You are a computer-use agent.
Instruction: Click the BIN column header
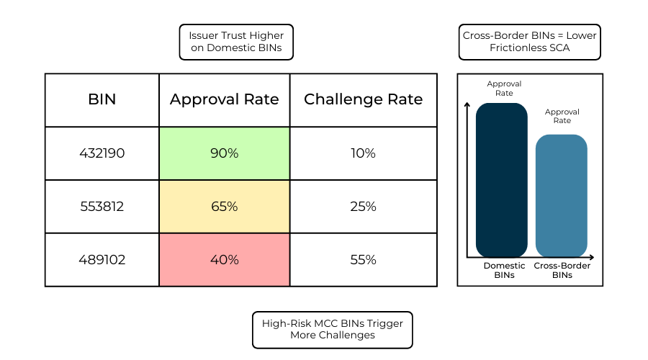tap(102, 100)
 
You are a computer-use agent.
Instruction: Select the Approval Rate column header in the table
tap(224, 100)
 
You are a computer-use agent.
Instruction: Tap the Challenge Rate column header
tap(363, 100)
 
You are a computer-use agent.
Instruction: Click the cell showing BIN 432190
tap(102, 153)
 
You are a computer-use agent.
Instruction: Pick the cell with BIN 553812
tap(102, 207)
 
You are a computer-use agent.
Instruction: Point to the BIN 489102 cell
tap(102, 260)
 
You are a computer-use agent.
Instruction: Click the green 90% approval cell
tap(224, 153)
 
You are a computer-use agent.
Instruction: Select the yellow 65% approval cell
tap(224, 207)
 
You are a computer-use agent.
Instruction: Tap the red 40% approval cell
tap(224, 260)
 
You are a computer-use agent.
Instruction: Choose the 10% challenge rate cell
tap(363, 153)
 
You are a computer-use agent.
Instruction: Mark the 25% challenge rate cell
tap(363, 207)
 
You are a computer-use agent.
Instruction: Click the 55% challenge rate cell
tap(363, 260)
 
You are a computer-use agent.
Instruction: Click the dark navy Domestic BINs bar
tap(502, 180)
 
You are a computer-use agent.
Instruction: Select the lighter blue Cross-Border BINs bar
tap(562, 196)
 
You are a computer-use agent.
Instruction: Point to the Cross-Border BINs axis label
tap(562, 270)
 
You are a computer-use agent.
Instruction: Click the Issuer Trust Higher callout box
tap(236, 42)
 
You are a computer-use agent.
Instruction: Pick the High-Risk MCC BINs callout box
tap(332, 329)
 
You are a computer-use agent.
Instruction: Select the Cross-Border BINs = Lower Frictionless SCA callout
tap(529, 42)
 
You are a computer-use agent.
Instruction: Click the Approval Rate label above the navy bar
tap(504, 89)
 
